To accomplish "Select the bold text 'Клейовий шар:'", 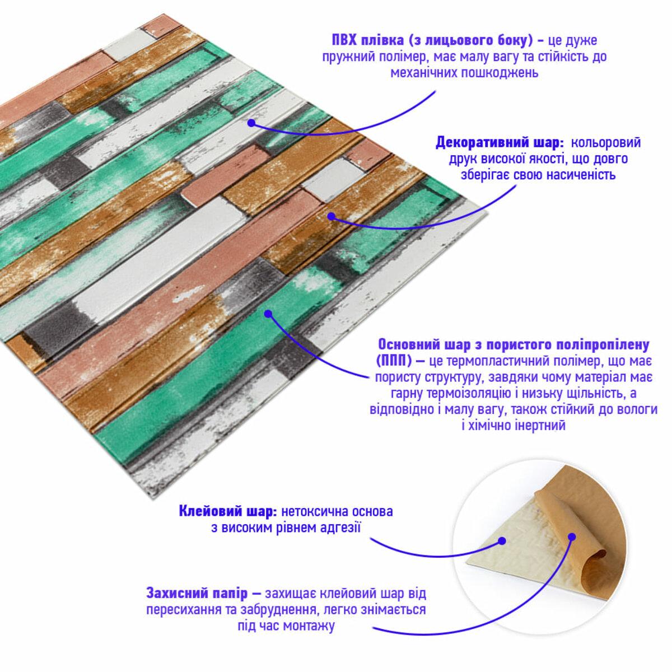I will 227,511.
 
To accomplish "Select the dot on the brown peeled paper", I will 572,537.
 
